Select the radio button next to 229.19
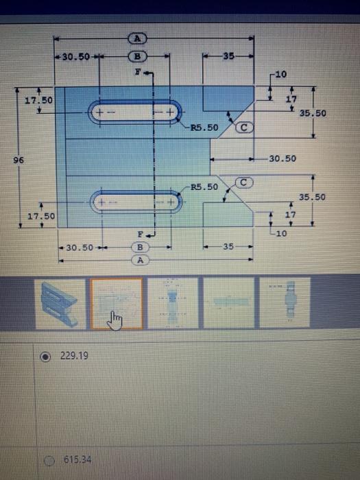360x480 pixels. pyautogui.click(x=46, y=357)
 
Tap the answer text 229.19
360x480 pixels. pyautogui.click(x=73, y=357)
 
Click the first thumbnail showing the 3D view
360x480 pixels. pyautogui.click(x=62, y=302)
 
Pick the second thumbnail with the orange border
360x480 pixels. pyautogui.click(x=117, y=302)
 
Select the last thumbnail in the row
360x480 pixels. pyautogui.click(x=283, y=302)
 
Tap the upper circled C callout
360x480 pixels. pyautogui.click(x=244, y=128)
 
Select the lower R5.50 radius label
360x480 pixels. pyautogui.click(x=204, y=187)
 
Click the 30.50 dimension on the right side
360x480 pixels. pyautogui.click(x=283, y=158)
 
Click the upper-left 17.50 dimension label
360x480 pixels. pyautogui.click(x=38, y=101)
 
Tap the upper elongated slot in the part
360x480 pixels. pyautogui.click(x=136, y=111)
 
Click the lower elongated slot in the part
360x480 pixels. pyautogui.click(x=136, y=202)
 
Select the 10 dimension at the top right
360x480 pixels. pyautogui.click(x=283, y=73)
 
